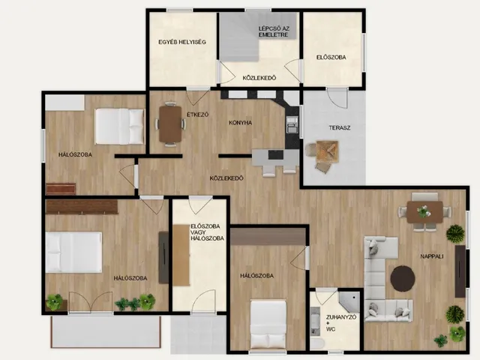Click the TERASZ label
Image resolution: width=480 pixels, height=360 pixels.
coord(340,127)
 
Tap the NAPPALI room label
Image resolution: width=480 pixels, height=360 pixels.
coord(432,256)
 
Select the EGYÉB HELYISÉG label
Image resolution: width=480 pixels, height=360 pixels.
coord(182,42)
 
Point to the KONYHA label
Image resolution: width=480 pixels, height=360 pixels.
coord(240,123)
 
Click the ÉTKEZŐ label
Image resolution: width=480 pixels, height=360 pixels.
coord(198,115)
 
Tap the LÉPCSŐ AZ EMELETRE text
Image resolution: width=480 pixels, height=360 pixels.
coord(273,31)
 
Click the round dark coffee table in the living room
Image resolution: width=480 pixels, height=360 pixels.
coord(403,278)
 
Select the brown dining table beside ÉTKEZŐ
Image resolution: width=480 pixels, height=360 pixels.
coord(170,124)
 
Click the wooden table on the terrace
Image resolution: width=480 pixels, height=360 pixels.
coord(328,151)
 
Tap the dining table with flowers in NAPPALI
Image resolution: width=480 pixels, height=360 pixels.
coord(424,212)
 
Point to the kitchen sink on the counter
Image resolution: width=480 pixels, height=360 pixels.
coord(292,124)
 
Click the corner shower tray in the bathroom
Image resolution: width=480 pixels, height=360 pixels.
coord(349,301)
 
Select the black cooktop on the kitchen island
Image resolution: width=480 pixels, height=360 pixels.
coord(276,154)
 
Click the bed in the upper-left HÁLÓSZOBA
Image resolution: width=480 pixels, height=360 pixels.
coord(119,127)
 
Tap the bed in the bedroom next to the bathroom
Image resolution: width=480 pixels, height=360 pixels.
coord(268,325)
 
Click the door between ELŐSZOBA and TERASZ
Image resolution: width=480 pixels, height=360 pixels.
coord(337,98)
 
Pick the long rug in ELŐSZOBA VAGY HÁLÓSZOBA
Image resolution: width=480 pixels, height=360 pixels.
coord(181,255)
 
